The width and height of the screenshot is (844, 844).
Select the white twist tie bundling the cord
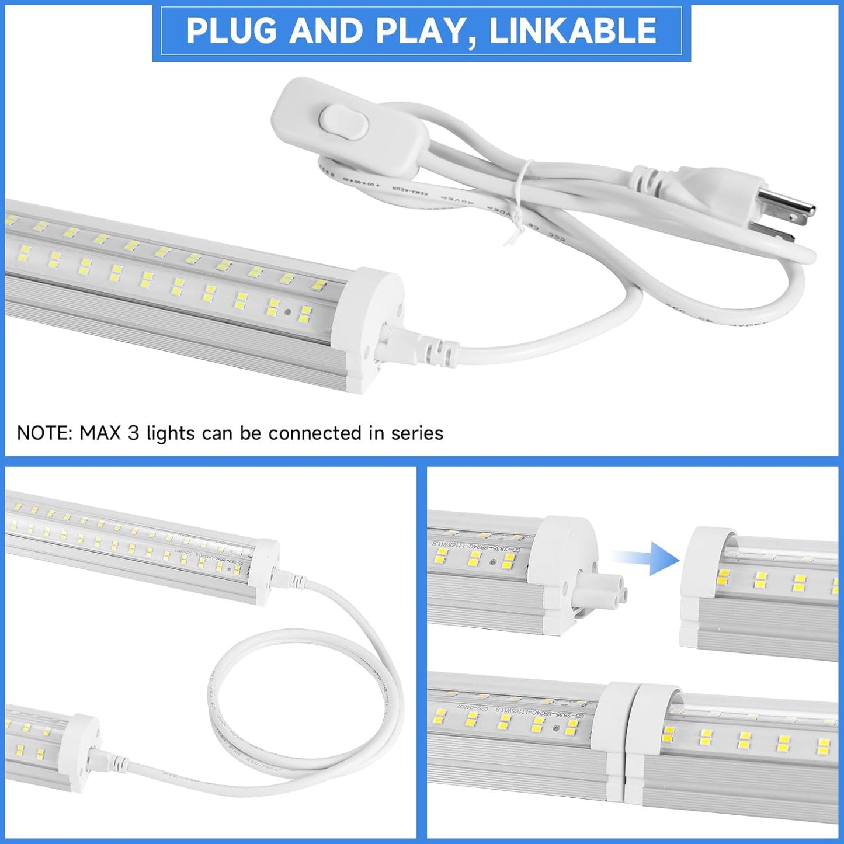517,199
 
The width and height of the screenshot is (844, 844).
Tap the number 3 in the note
134,433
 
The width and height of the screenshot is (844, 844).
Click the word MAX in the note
100,433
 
